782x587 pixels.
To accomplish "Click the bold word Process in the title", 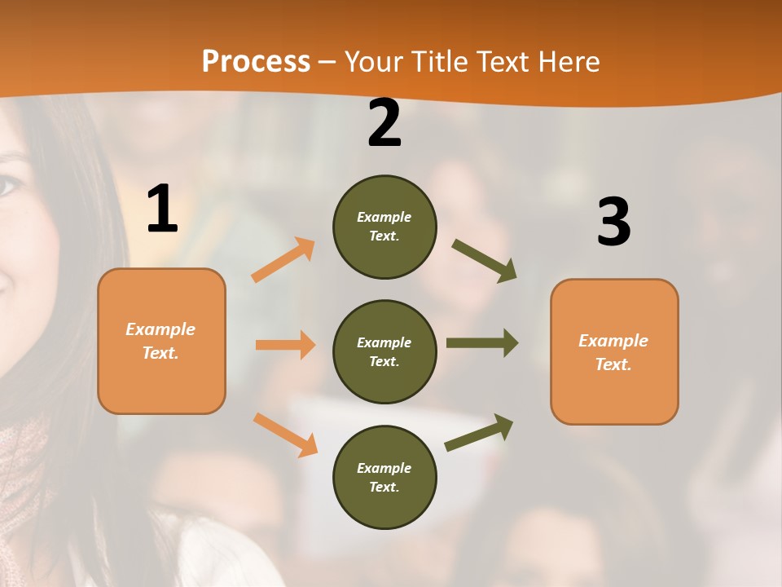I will (256, 61).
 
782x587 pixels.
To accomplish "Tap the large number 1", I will (162, 209).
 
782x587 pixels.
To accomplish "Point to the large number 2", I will (384, 124).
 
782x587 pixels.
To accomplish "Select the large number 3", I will (613, 223).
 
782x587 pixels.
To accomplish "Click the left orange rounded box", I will (161, 341).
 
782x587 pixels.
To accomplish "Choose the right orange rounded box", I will (614, 352).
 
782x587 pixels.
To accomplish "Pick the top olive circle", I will (384, 227).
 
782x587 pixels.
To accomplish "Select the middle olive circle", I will (384, 352).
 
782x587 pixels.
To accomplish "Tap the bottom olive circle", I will (384, 478).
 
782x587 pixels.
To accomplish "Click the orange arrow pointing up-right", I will (283, 259).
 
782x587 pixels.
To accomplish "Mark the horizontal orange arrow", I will (285, 345).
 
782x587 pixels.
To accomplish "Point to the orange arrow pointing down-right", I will (285, 434).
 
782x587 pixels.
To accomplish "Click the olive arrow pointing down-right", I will (484, 260).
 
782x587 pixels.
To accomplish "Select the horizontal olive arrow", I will (481, 342).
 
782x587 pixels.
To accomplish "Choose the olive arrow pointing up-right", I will (479, 432).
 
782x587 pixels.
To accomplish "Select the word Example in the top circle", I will (384, 217).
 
